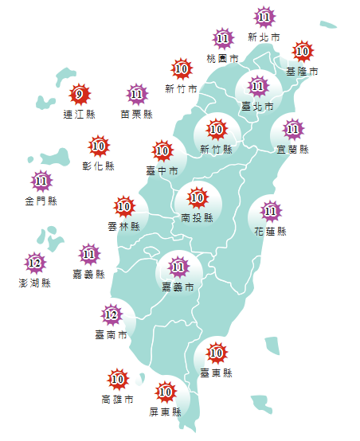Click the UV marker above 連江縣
(78, 96)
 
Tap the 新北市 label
(264, 37)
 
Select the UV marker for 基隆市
(302, 52)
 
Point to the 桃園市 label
(222, 58)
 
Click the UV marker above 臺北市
(257, 86)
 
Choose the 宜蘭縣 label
(292, 149)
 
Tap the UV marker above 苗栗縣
(137, 95)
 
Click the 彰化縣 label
(99, 166)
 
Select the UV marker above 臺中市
(162, 150)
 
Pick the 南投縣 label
(197, 217)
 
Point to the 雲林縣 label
(123, 227)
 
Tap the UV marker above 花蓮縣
(271, 212)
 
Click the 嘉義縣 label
(88, 275)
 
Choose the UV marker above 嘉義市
(178, 267)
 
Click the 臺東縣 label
(216, 372)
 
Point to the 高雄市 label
(117, 399)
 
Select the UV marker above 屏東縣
(166, 392)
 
